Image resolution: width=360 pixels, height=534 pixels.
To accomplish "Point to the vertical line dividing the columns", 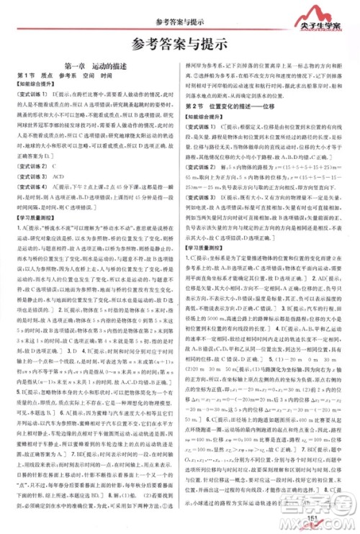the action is point(180,288).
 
